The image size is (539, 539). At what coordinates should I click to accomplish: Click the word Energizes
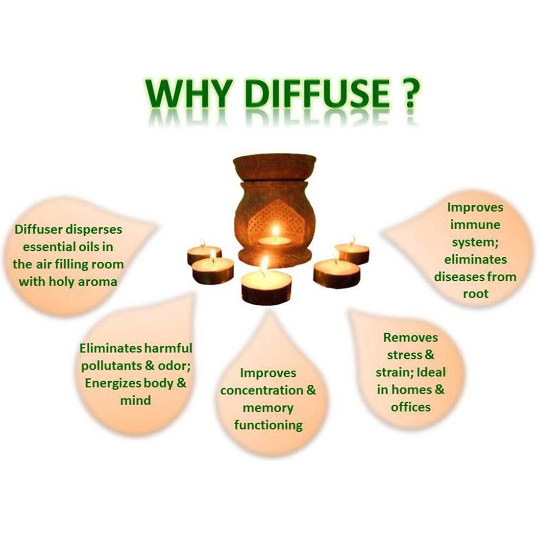pyautogui.click(x=113, y=383)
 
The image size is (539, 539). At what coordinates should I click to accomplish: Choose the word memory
pyautogui.click(x=268, y=408)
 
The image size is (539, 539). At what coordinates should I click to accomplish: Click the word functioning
pyautogui.click(x=268, y=425)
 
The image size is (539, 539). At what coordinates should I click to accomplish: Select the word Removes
pyautogui.click(x=411, y=338)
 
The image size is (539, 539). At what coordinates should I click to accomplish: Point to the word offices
pyautogui.click(x=411, y=407)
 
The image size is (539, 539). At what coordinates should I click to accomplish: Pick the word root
pyautogui.click(x=475, y=294)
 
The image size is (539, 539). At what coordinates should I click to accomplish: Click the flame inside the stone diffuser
pyautogui.click(x=275, y=231)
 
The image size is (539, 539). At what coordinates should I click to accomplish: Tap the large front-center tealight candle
pyautogui.click(x=266, y=286)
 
